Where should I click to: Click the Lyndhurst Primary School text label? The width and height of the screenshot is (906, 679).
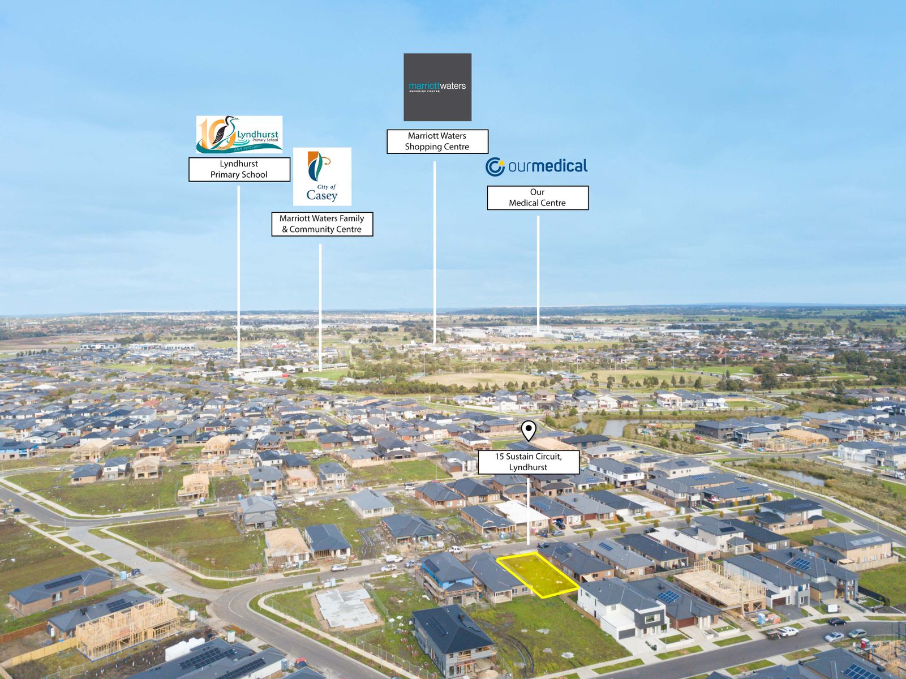click(x=239, y=169)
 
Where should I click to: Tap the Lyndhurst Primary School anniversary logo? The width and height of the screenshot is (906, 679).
click(x=239, y=135)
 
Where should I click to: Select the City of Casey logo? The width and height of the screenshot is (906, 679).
click(x=322, y=177)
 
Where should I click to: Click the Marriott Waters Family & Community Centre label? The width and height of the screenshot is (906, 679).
click(x=322, y=224)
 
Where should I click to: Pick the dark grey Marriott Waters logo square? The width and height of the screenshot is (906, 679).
click(x=437, y=87)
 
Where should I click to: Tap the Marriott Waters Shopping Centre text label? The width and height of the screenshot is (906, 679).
click(x=437, y=141)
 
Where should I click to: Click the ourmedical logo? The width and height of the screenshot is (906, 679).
click(x=536, y=167)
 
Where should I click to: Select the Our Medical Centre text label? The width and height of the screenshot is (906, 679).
click(x=538, y=197)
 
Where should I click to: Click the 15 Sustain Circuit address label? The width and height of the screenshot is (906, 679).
click(x=529, y=462)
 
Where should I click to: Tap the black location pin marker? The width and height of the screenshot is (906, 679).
click(x=529, y=430)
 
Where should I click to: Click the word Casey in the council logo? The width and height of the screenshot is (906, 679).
click(x=322, y=195)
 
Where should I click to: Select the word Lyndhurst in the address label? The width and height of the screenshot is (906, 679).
click(x=529, y=467)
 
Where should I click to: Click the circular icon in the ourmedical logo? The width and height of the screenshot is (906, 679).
click(x=495, y=167)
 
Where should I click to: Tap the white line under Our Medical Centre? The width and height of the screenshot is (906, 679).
click(x=538, y=275)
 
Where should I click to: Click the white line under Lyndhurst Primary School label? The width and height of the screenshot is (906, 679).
click(x=239, y=274)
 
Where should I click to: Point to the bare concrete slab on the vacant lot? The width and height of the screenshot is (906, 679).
click(x=346, y=607)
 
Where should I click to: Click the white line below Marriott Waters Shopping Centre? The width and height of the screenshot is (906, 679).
click(x=435, y=252)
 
